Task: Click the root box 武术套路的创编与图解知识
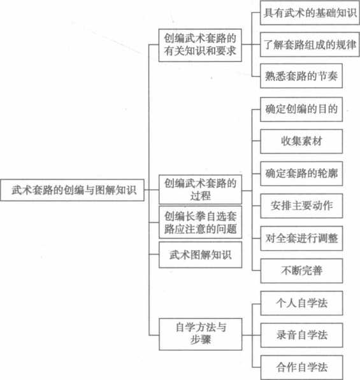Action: tap(72, 190)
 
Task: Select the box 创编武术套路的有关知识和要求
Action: tap(200, 45)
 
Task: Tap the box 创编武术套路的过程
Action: tap(200, 189)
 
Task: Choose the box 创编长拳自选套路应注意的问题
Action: tap(200, 222)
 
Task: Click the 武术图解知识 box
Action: tap(200, 255)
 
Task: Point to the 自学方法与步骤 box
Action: tap(201, 334)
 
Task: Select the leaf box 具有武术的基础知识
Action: tap(310, 13)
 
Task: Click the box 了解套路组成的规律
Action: tap(310, 45)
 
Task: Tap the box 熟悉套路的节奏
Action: tap(301, 76)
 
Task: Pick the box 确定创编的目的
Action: tap(301, 109)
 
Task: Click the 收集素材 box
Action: tap(301, 141)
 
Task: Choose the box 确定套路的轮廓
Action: tap(301, 174)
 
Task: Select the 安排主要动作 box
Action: tap(301, 206)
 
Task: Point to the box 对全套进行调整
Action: tap(301, 238)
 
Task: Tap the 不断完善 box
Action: tap(302, 271)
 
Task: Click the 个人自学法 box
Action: tap(302, 303)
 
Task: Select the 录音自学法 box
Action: tap(302, 335)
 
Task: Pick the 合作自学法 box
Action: tap(302, 367)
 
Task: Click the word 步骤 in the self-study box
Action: tap(200, 340)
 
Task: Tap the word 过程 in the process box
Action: tap(200, 196)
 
